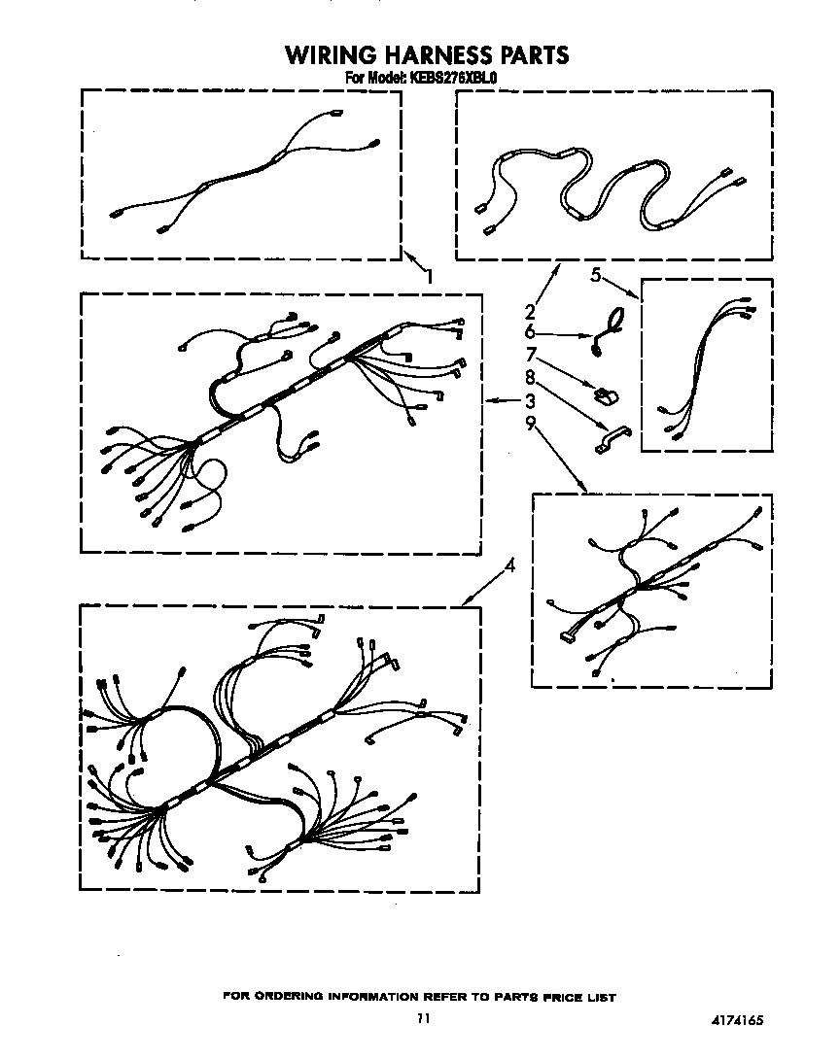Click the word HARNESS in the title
437,54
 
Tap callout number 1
428,276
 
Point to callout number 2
530,312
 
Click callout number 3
530,400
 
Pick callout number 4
510,567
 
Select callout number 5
595,275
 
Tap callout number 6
530,332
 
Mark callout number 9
530,423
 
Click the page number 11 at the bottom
422,1018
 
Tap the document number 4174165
737,1020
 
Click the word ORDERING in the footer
304,997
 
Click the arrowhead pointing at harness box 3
488,400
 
